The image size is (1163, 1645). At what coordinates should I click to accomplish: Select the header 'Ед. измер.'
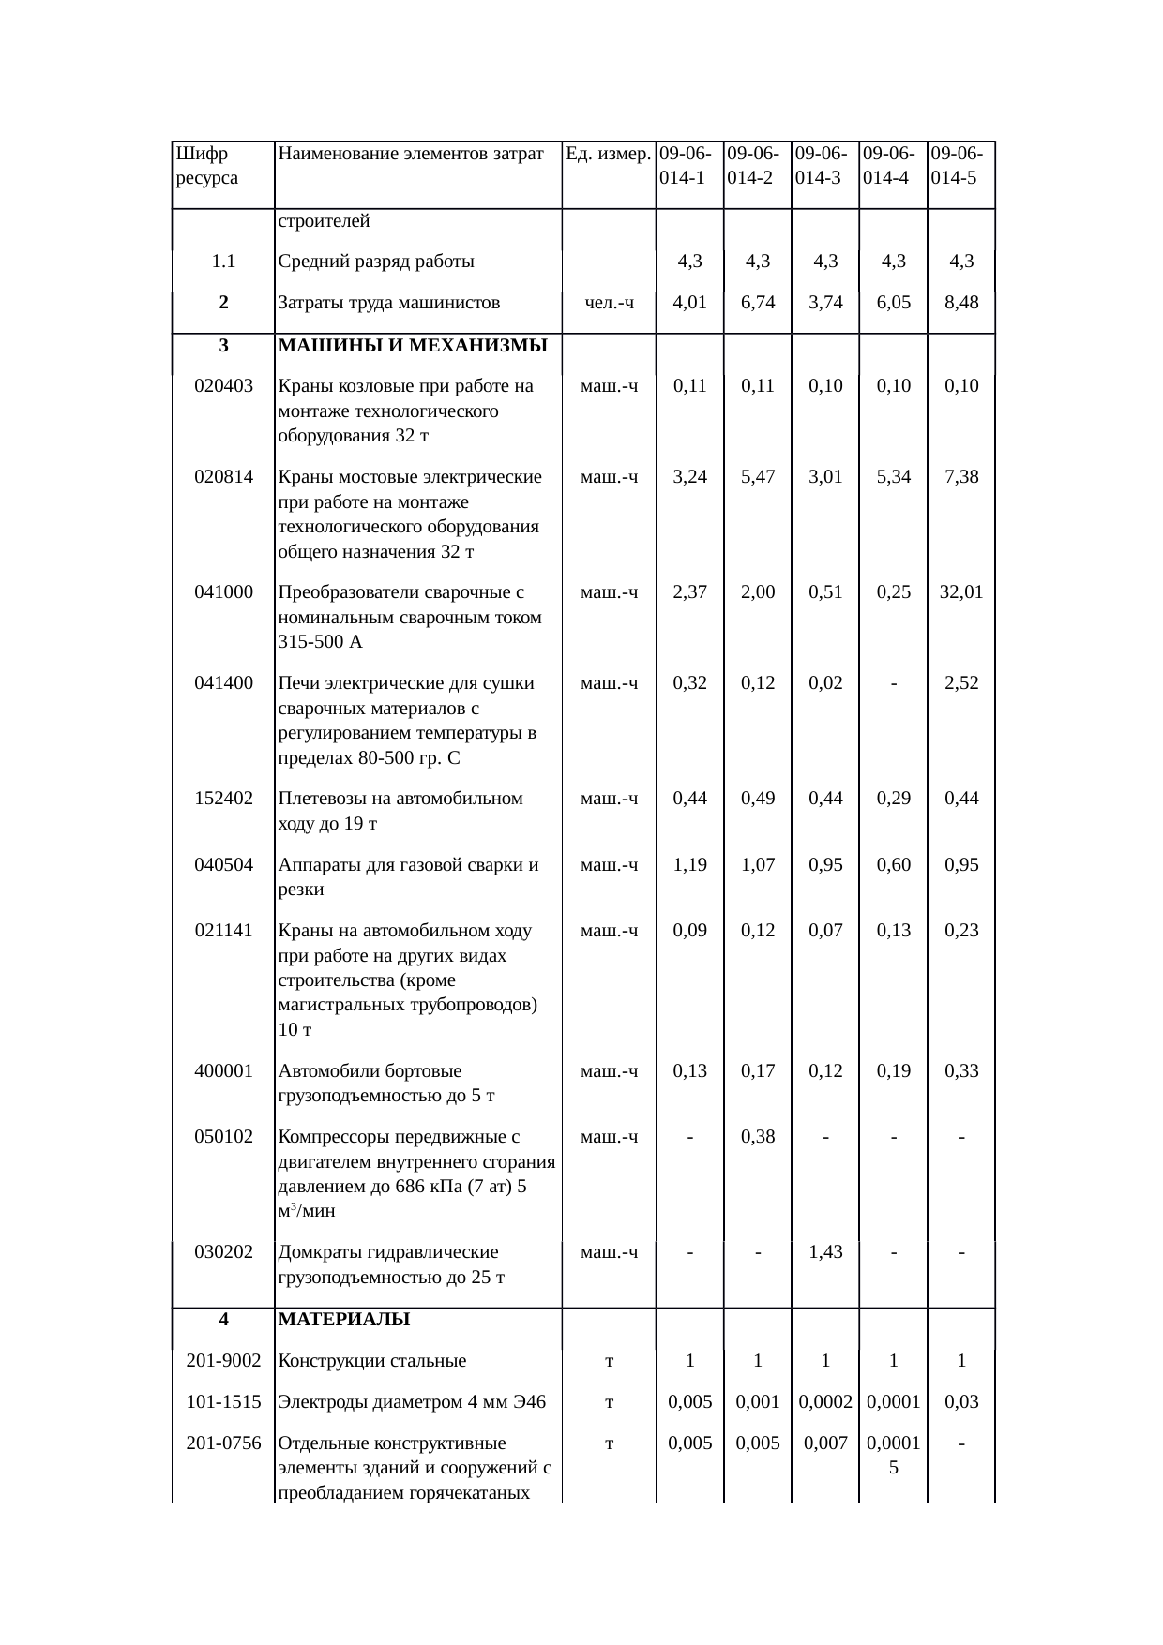click(609, 153)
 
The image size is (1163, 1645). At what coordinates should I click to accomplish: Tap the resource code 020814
click(223, 476)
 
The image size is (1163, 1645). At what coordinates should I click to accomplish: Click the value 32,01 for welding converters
click(961, 591)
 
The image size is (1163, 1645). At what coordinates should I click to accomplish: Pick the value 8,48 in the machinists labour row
click(961, 302)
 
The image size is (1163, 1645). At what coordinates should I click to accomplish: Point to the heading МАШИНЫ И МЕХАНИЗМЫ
click(413, 345)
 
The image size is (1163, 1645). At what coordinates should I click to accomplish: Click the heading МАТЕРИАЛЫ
click(344, 1319)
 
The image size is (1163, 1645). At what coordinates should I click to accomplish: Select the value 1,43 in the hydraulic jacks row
click(825, 1251)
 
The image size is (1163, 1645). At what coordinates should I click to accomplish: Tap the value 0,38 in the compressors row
click(758, 1136)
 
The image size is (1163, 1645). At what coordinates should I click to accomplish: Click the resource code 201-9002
click(223, 1360)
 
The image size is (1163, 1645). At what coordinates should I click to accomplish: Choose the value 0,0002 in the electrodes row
click(825, 1401)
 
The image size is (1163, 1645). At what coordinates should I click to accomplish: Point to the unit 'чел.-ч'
click(609, 302)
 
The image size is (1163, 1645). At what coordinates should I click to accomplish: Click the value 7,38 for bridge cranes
click(961, 476)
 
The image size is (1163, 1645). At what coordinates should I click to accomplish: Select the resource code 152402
click(223, 798)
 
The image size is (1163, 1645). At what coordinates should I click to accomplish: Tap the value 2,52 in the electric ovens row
click(961, 682)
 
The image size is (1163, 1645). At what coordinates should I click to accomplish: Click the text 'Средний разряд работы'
click(376, 261)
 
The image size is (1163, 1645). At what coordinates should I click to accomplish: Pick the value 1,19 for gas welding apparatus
click(690, 864)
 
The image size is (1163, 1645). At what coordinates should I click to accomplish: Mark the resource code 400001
click(223, 1070)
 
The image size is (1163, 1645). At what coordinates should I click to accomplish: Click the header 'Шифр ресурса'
click(206, 165)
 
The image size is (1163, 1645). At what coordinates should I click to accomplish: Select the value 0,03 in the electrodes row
click(961, 1401)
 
